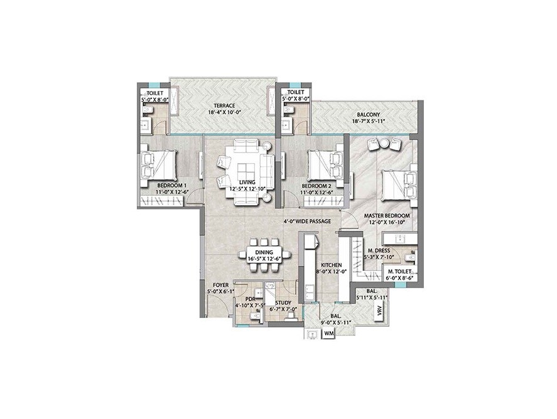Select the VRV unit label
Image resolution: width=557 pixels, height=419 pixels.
pyautogui.click(x=379, y=311)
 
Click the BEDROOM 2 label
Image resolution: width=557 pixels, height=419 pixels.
pyautogui.click(x=316, y=186)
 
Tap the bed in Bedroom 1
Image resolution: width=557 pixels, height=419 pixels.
pyautogui.click(x=162, y=163)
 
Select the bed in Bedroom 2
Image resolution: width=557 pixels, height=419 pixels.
pyautogui.click(x=324, y=164)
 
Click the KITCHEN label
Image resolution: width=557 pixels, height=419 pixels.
pyautogui.click(x=330, y=265)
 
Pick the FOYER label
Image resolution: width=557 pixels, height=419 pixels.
pyautogui.click(x=220, y=284)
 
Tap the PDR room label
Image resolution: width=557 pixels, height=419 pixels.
pyautogui.click(x=249, y=299)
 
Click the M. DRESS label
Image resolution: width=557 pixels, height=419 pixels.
pyautogui.click(x=381, y=250)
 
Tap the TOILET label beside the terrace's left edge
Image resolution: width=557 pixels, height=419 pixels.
pyautogui.click(x=153, y=93)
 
